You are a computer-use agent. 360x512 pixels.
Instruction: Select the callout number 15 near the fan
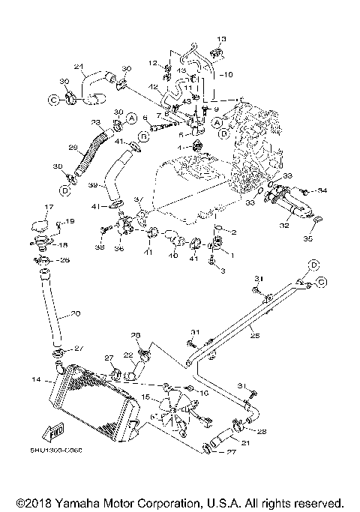pyautogui.click(x=146, y=397)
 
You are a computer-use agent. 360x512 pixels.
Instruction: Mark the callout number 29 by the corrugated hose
pyautogui.click(x=73, y=148)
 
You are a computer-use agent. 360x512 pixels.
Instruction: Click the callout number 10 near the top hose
pyautogui.click(x=229, y=74)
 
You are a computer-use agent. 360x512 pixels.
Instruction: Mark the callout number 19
pyautogui.click(x=70, y=221)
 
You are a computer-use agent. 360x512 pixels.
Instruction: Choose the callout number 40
pyautogui.click(x=174, y=255)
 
